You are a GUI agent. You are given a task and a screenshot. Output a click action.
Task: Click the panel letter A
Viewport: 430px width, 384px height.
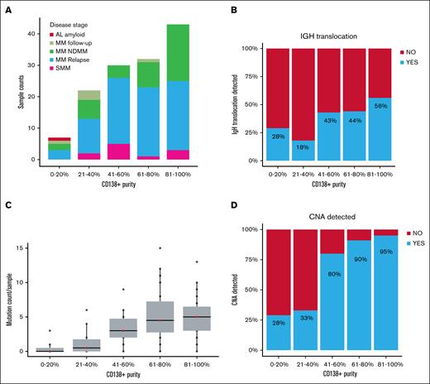6,7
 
